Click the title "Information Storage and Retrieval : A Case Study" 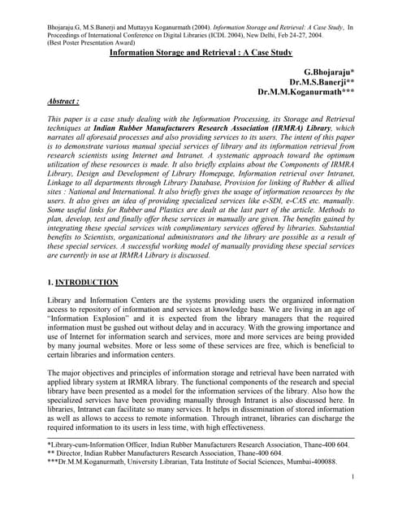201,51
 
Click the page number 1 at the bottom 355,478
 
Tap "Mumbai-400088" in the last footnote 313,461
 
